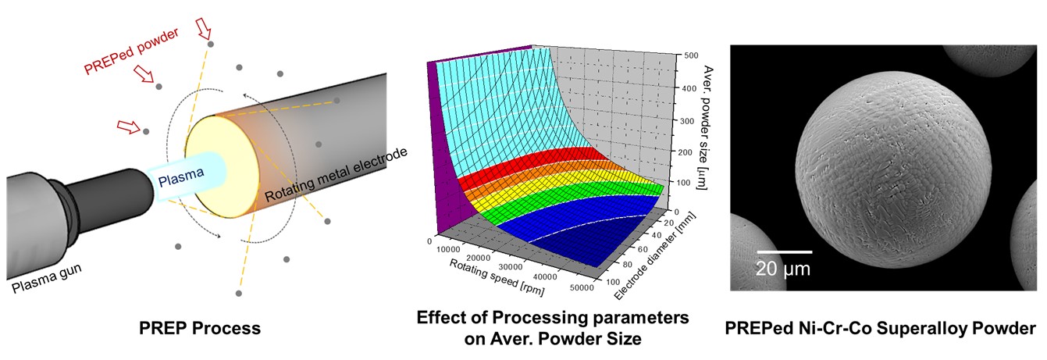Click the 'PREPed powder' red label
130,51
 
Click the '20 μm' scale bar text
783,270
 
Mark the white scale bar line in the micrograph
784,252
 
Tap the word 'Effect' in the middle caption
442,319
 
